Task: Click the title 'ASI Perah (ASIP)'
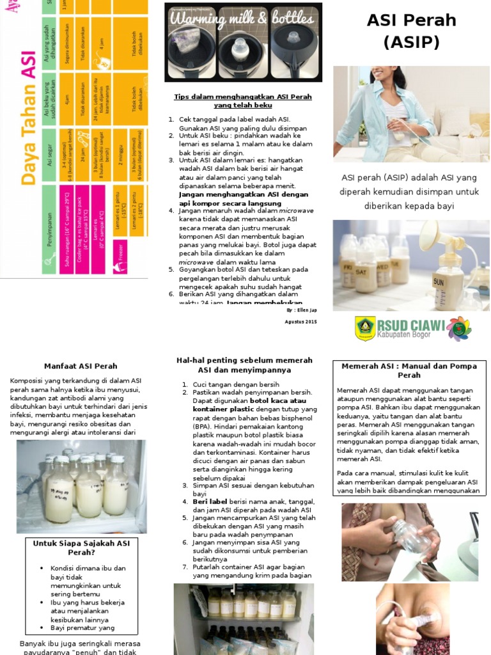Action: click(411, 31)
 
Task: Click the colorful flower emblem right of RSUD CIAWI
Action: click(458, 328)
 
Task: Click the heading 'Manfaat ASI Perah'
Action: click(81, 367)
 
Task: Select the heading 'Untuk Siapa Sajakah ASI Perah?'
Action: click(81, 548)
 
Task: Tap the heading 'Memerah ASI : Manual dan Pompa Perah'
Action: click(409, 370)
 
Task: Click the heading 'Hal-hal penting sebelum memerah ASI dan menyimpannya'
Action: click(244, 365)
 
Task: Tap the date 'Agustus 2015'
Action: click(300, 322)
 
